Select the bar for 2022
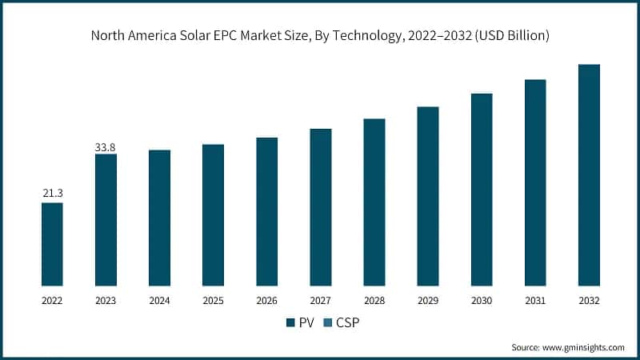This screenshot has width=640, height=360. (52, 244)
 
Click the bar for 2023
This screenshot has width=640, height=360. (106, 220)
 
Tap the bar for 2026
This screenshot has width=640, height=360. (266, 211)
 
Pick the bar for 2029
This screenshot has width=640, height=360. (428, 196)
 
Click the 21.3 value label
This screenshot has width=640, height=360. (52, 194)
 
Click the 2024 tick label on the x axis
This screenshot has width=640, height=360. (159, 300)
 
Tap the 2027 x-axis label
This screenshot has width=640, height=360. (320, 300)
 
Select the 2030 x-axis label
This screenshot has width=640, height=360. (482, 300)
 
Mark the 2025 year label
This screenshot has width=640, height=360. (213, 300)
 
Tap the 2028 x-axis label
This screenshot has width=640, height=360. (374, 300)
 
